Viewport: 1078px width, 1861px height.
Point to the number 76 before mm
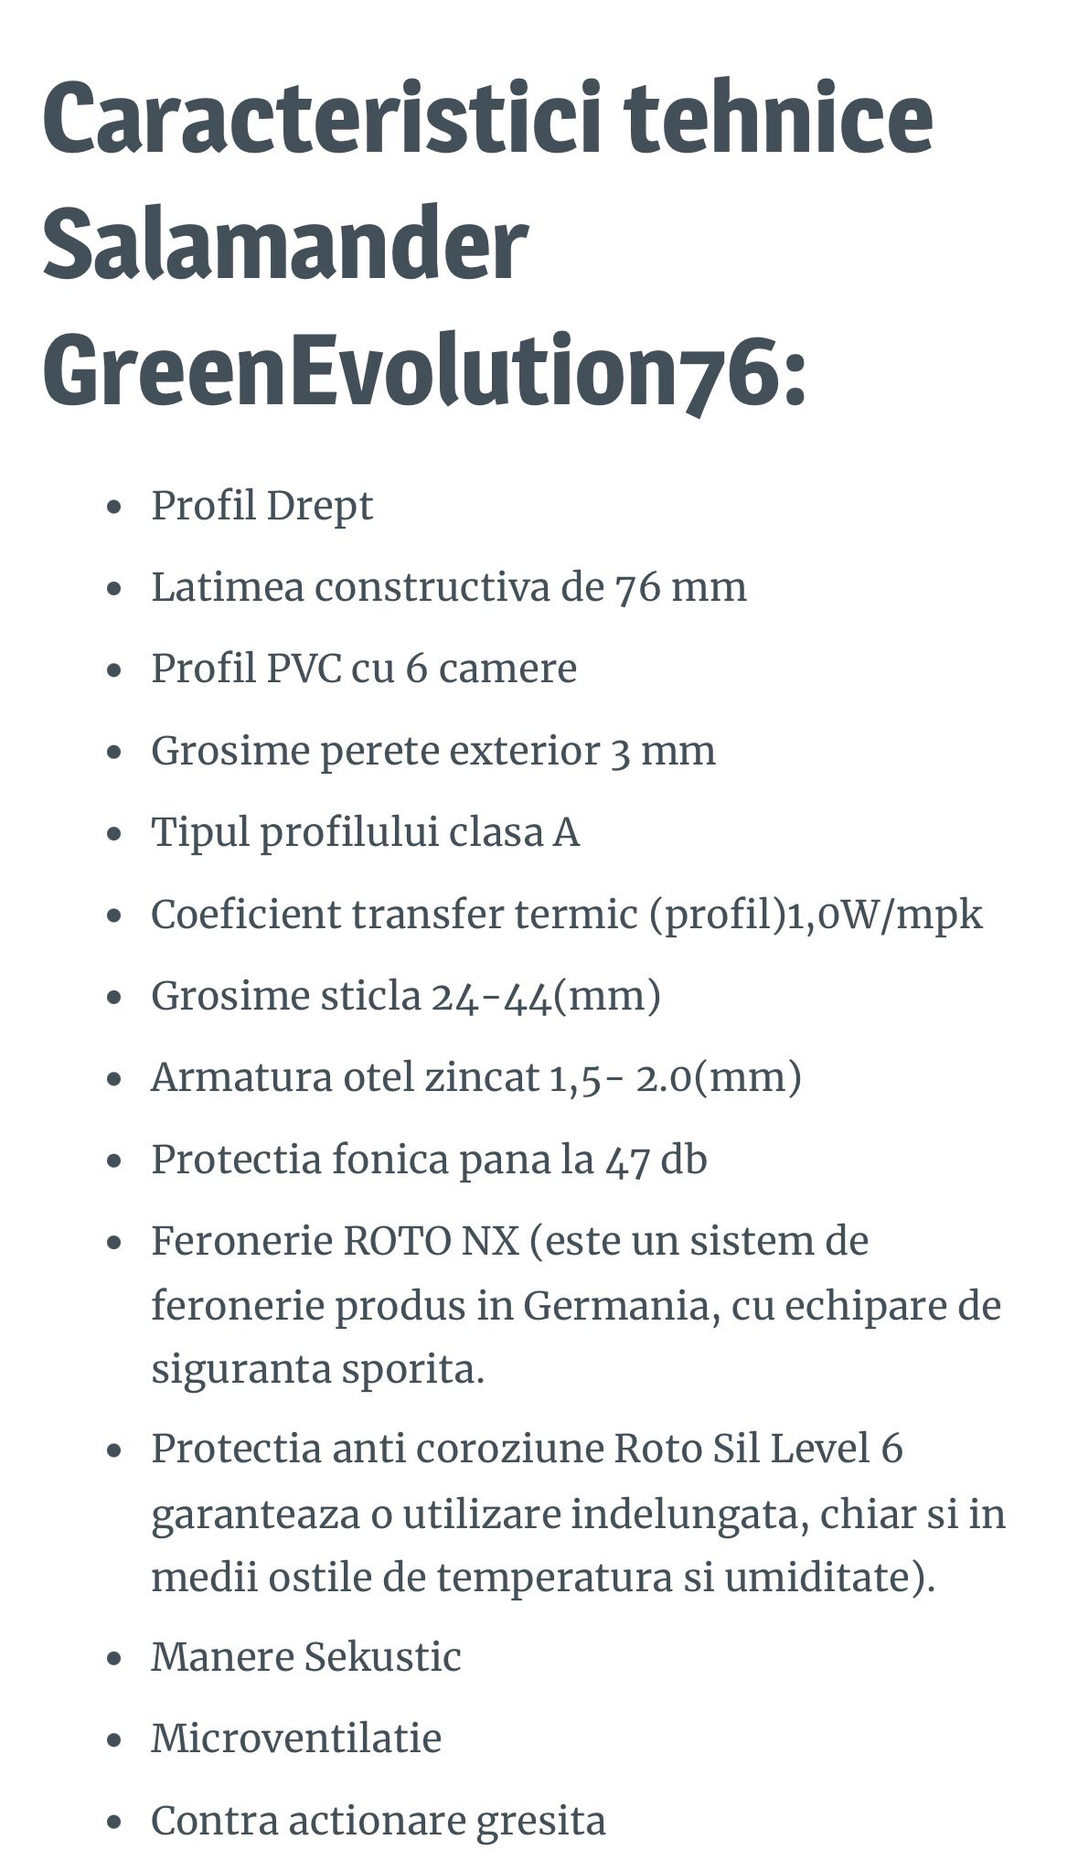(x=638, y=587)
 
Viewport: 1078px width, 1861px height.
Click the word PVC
(x=302, y=668)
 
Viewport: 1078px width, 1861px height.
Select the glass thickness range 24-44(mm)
(x=545, y=996)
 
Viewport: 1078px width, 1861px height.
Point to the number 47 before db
(x=626, y=1160)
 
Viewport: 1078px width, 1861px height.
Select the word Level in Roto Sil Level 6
(x=820, y=1449)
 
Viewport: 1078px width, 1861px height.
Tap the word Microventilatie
(x=296, y=1738)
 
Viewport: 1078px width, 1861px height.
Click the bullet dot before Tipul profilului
(x=114, y=834)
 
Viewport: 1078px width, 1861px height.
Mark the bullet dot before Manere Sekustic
(x=114, y=1658)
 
